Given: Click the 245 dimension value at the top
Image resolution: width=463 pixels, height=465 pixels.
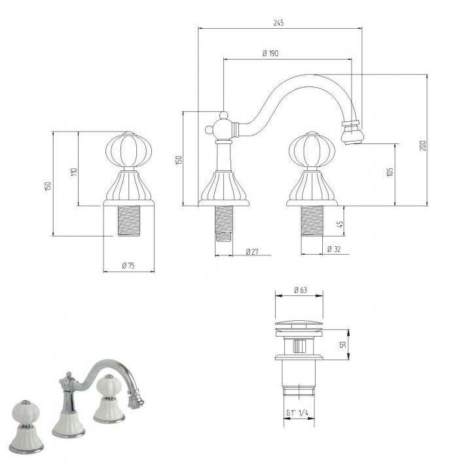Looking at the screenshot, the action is pyautogui.click(x=278, y=22).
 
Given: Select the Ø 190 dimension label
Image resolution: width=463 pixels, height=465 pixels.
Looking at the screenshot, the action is pyautogui.click(x=270, y=54).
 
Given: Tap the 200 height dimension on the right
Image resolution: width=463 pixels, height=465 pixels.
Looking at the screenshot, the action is pyautogui.click(x=423, y=145).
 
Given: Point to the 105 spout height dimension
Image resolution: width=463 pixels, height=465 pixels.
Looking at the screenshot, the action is pyautogui.click(x=390, y=172).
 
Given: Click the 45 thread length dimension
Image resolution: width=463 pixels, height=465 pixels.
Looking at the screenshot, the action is pyautogui.click(x=340, y=224).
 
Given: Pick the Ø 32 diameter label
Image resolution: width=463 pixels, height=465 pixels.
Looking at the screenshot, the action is pyautogui.click(x=334, y=249).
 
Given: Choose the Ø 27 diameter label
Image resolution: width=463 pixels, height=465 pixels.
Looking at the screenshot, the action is pyautogui.click(x=252, y=251).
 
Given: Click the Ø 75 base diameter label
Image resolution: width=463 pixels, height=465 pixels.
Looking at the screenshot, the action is pyautogui.click(x=128, y=265).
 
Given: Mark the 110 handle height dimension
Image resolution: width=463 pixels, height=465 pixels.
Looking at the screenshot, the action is pyautogui.click(x=74, y=172).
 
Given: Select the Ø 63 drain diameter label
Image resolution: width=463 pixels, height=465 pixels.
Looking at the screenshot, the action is pyautogui.click(x=301, y=289).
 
